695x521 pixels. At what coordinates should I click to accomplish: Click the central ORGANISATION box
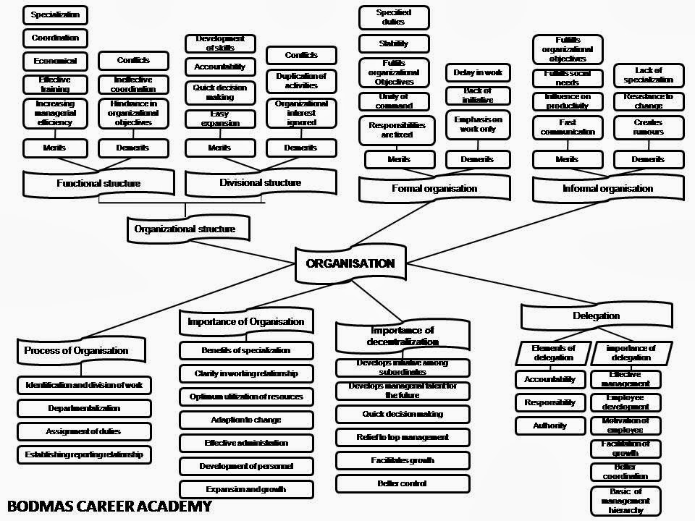[350, 263]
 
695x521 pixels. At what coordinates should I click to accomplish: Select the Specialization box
[55, 14]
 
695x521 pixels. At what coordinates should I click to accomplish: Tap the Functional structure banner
[98, 183]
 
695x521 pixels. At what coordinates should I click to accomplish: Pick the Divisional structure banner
[260, 182]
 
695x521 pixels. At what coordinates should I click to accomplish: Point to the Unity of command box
[394, 101]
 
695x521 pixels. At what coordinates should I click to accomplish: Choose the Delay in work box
[477, 72]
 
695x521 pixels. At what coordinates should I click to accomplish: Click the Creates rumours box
[647, 127]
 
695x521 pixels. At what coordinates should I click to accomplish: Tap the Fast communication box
[567, 127]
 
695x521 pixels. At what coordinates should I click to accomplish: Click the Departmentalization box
[84, 408]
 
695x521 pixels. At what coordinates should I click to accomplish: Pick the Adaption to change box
[245, 420]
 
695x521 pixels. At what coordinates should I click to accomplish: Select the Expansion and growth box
[245, 489]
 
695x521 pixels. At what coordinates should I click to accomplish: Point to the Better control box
[402, 483]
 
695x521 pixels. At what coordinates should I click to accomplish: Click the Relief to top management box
[402, 437]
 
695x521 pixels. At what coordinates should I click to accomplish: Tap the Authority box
[549, 425]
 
